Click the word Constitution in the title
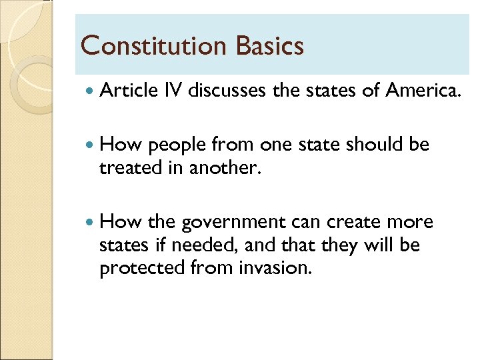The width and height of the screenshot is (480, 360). tap(153, 46)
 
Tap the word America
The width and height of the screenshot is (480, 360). tap(423, 91)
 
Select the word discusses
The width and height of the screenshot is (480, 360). tap(228, 91)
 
